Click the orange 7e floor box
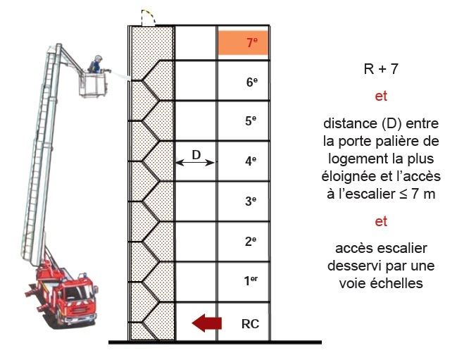tap(243, 43)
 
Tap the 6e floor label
tap(251, 82)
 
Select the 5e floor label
tap(251, 121)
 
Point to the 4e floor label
tap(251, 161)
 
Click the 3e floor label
tap(251, 201)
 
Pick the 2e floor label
tap(251, 242)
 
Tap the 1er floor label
tap(251, 282)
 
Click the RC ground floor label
tap(250, 325)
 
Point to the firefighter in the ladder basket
tap(95, 65)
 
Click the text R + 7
tap(381, 69)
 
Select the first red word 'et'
tap(381, 97)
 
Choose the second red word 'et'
tap(381, 221)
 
